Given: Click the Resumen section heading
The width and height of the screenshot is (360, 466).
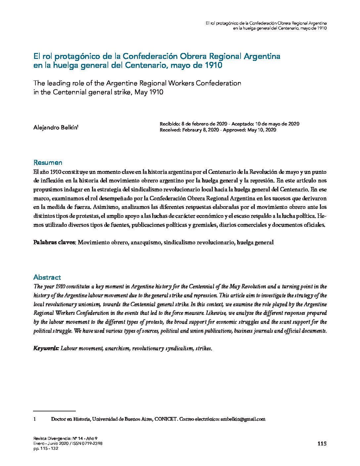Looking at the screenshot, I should (x=48, y=163).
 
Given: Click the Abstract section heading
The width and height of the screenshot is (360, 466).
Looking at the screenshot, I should (x=47, y=277).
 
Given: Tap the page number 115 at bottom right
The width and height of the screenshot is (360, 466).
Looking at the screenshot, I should (x=322, y=443).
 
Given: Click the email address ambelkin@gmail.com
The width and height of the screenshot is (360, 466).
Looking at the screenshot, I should (x=243, y=419).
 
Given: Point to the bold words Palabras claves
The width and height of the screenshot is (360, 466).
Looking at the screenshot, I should (x=55, y=242).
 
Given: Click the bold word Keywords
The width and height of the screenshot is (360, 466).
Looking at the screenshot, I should (x=46, y=349).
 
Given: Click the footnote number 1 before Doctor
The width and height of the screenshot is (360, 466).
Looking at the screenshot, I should (x=35, y=419).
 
